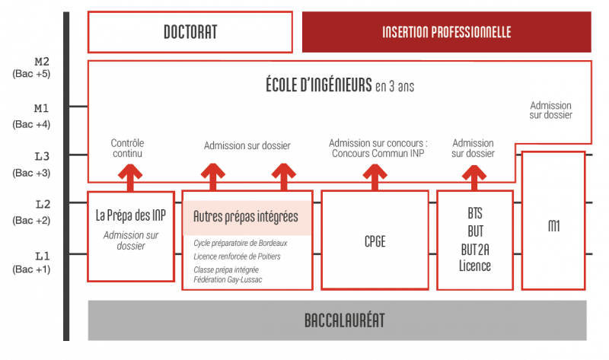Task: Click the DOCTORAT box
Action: tap(190, 32)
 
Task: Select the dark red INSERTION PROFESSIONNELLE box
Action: tap(446, 32)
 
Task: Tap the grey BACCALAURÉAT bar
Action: tap(338, 320)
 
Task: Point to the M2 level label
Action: tap(42, 60)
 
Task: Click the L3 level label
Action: tap(42, 157)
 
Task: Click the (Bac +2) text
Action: tap(31, 220)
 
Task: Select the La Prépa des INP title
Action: tap(131, 215)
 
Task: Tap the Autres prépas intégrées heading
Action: tap(245, 217)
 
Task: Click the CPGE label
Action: tap(375, 242)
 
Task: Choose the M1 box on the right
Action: tap(553, 226)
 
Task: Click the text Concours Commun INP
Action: tap(378, 154)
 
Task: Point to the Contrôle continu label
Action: tap(127, 148)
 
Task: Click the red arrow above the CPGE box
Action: tap(374, 177)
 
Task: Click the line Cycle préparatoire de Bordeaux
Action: tap(240, 243)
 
